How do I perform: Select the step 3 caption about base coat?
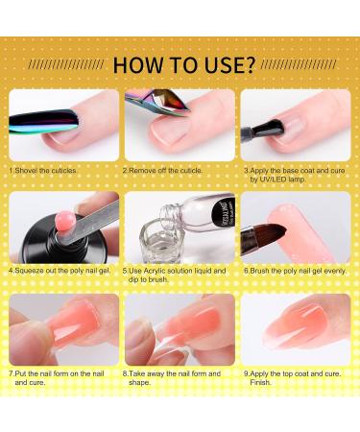click(x=284, y=174)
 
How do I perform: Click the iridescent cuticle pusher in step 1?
click(x=34, y=123)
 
